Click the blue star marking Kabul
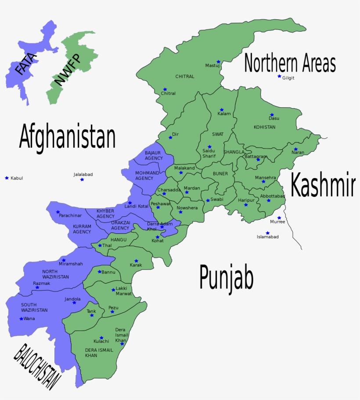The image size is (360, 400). click(x=7, y=178)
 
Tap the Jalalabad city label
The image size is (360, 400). click(x=83, y=175)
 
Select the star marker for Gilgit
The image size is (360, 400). click(x=279, y=76)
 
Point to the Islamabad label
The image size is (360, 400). click(x=267, y=237)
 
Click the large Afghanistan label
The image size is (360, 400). click(x=67, y=137)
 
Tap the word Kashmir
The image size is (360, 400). click(x=323, y=185)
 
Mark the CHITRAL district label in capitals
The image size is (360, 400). click(x=184, y=76)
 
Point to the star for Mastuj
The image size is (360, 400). click(x=218, y=62)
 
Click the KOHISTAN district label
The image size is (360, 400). click(x=264, y=127)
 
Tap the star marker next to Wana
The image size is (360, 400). click(x=21, y=319)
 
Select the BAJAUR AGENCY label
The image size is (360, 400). click(x=154, y=155)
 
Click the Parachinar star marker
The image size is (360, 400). click(x=58, y=212)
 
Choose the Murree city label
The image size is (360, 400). click(x=277, y=222)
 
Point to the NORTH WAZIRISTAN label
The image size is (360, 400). click(x=55, y=274)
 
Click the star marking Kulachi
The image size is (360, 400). click(x=101, y=338)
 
